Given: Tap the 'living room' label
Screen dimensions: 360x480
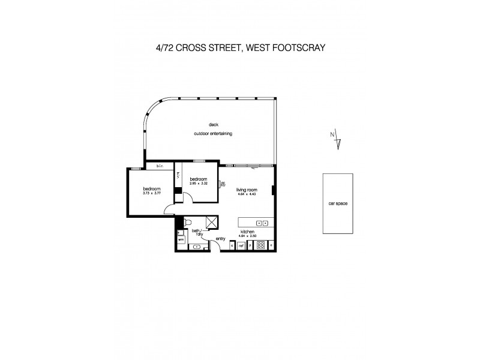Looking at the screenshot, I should click(x=246, y=189).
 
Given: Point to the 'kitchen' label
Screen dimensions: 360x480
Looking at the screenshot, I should click(x=248, y=231).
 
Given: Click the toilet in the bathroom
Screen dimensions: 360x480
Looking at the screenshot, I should click(x=187, y=222).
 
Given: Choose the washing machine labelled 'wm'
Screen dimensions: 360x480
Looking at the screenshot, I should click(x=181, y=240).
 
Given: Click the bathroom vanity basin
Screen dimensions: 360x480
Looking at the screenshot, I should click(x=197, y=247).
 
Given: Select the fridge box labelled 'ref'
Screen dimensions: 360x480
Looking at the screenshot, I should click(x=241, y=245).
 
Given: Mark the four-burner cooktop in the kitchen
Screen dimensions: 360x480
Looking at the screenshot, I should click(x=261, y=245).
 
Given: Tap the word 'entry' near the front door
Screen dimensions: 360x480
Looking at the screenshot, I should click(x=220, y=239).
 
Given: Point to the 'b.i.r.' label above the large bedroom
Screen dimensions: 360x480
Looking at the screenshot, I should click(x=160, y=166).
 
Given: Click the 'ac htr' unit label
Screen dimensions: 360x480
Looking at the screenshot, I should click(x=223, y=185).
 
